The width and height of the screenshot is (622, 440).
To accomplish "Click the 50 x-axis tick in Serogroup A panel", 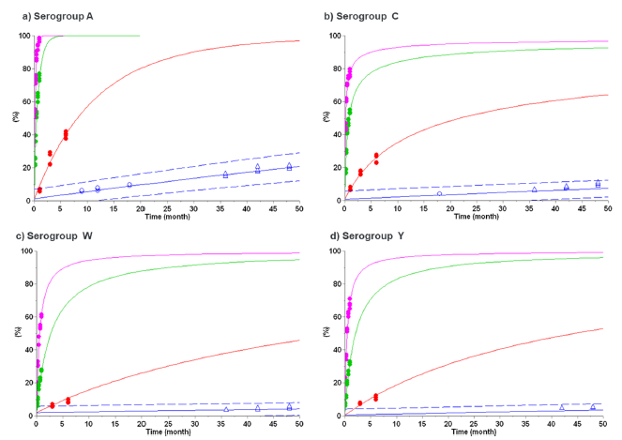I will [299, 207].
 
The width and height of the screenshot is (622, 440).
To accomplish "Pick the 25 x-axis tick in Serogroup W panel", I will [167, 423].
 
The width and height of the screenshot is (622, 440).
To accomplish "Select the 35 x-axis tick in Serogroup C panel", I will [528, 207].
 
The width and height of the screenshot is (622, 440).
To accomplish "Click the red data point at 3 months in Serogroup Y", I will [360, 402].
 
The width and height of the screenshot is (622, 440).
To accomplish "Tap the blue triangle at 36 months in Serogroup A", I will [225, 174].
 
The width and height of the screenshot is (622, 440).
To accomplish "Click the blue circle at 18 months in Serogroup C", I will [439, 193].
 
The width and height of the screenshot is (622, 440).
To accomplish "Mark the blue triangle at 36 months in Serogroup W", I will [226, 409].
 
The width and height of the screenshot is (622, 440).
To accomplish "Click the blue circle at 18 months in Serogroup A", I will [129, 185].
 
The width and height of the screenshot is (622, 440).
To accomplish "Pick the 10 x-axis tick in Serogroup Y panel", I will [397, 423].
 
